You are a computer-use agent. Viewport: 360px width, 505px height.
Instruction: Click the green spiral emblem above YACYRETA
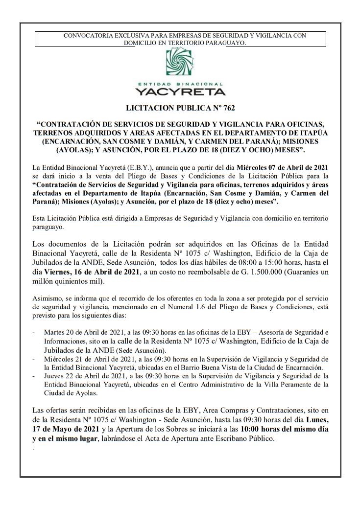pyautogui.click(x=180, y=65)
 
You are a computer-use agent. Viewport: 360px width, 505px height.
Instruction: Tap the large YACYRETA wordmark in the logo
pyautogui.click(x=180, y=92)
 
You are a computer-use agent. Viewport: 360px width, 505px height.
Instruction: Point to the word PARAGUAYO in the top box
pyautogui.click(x=222, y=43)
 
